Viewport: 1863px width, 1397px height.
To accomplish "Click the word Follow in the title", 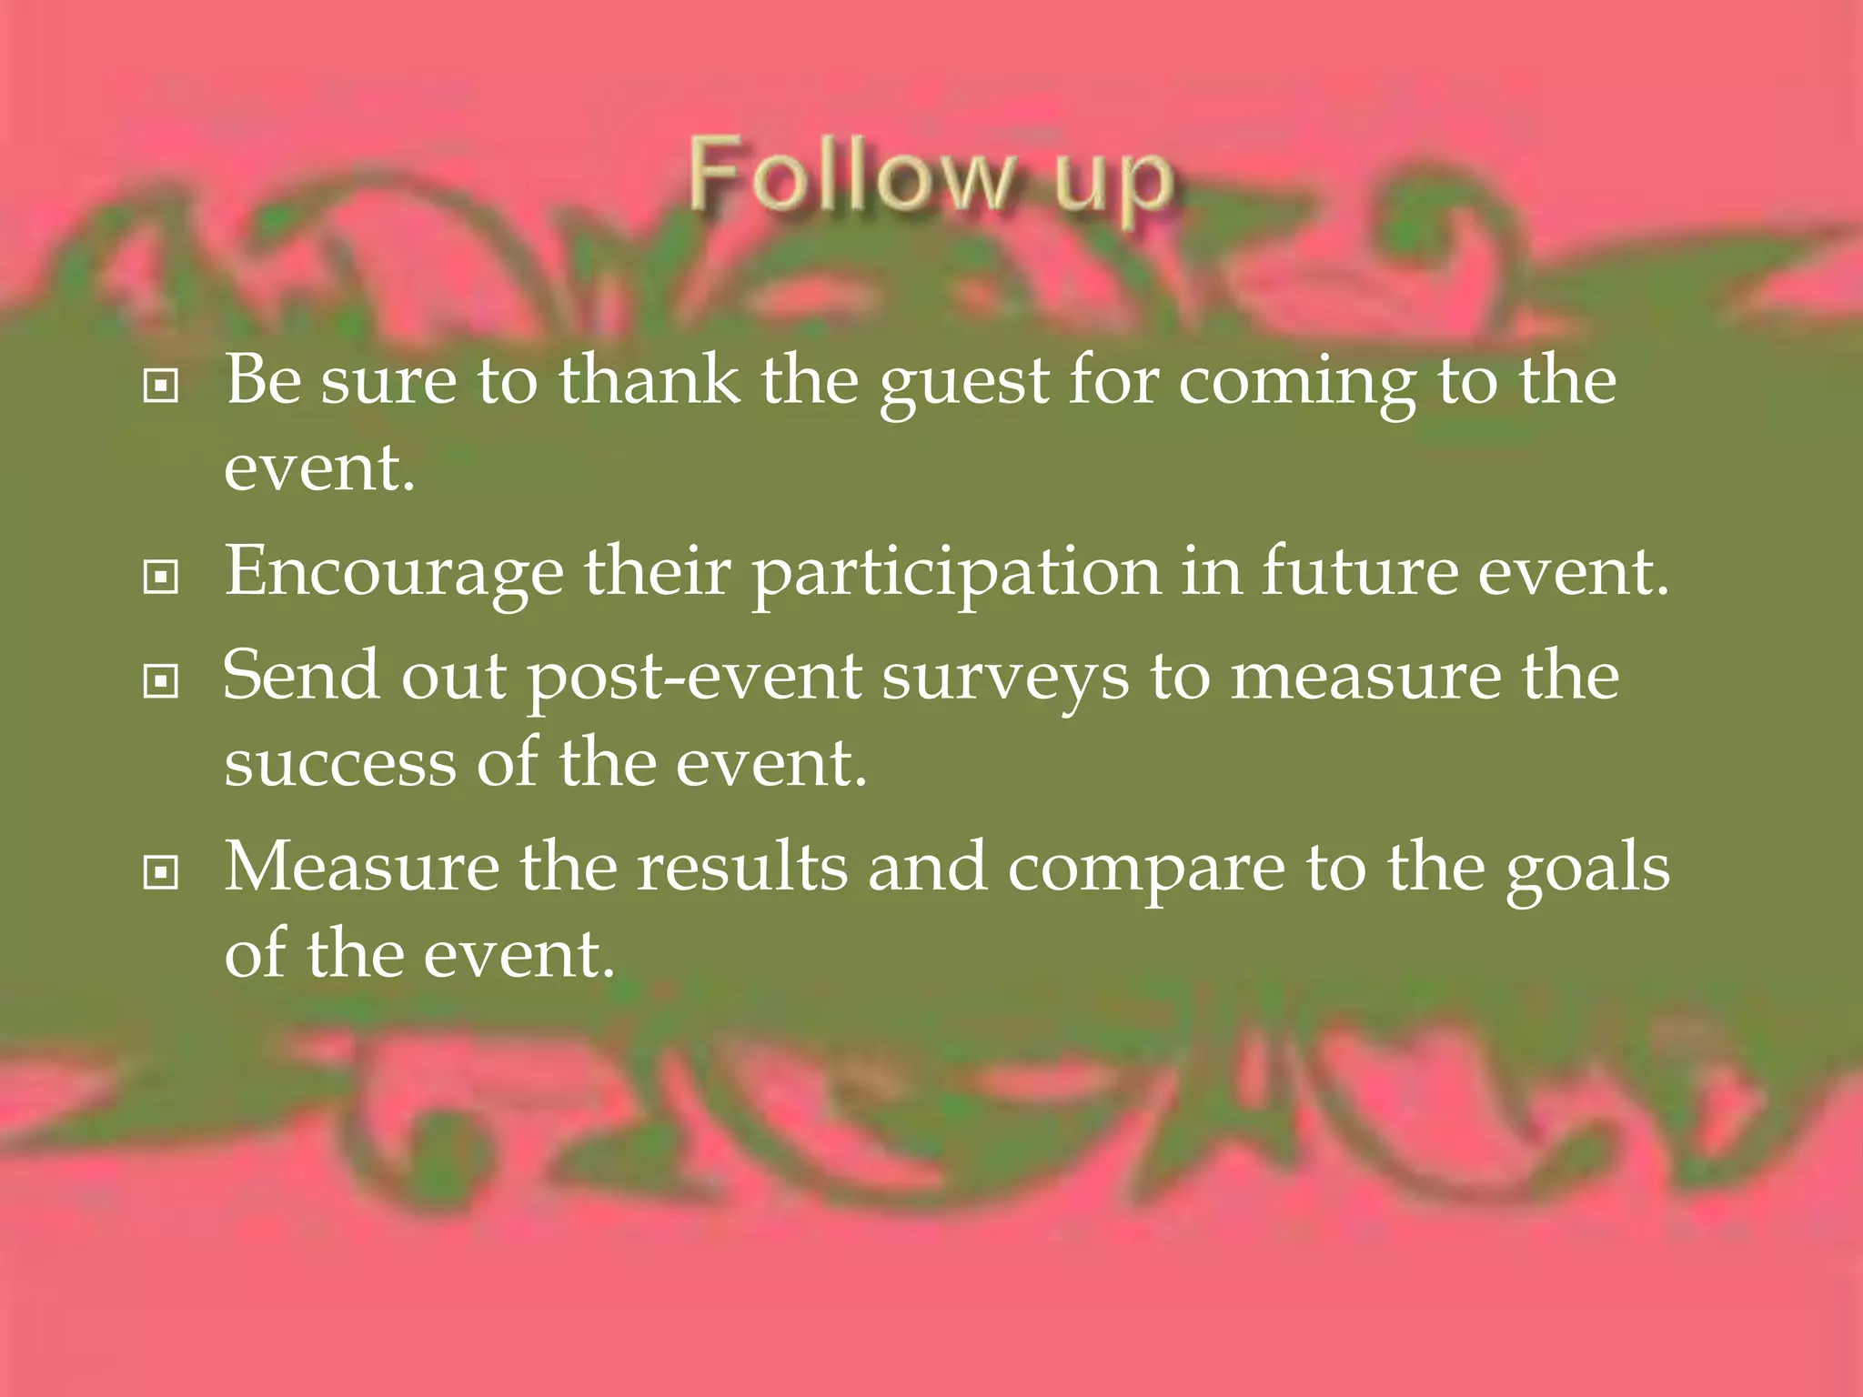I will click(x=851, y=175).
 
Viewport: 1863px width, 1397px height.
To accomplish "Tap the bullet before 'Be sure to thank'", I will click(x=161, y=387).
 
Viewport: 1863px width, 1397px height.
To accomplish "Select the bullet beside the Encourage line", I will click(x=161, y=577).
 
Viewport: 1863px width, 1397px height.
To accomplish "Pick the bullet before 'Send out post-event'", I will click(x=161, y=680).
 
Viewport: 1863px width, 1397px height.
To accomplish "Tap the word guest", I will click(x=964, y=384).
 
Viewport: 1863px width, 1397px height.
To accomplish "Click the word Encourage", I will click(x=394, y=574).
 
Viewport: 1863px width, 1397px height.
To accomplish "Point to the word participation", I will click(x=957, y=576).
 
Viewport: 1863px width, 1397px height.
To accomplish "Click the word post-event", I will click(x=695, y=678).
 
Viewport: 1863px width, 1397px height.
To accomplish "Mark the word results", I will click(x=741, y=868).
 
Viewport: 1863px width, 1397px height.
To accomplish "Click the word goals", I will click(x=1587, y=871).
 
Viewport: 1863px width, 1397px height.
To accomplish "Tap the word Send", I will click(x=301, y=675).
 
